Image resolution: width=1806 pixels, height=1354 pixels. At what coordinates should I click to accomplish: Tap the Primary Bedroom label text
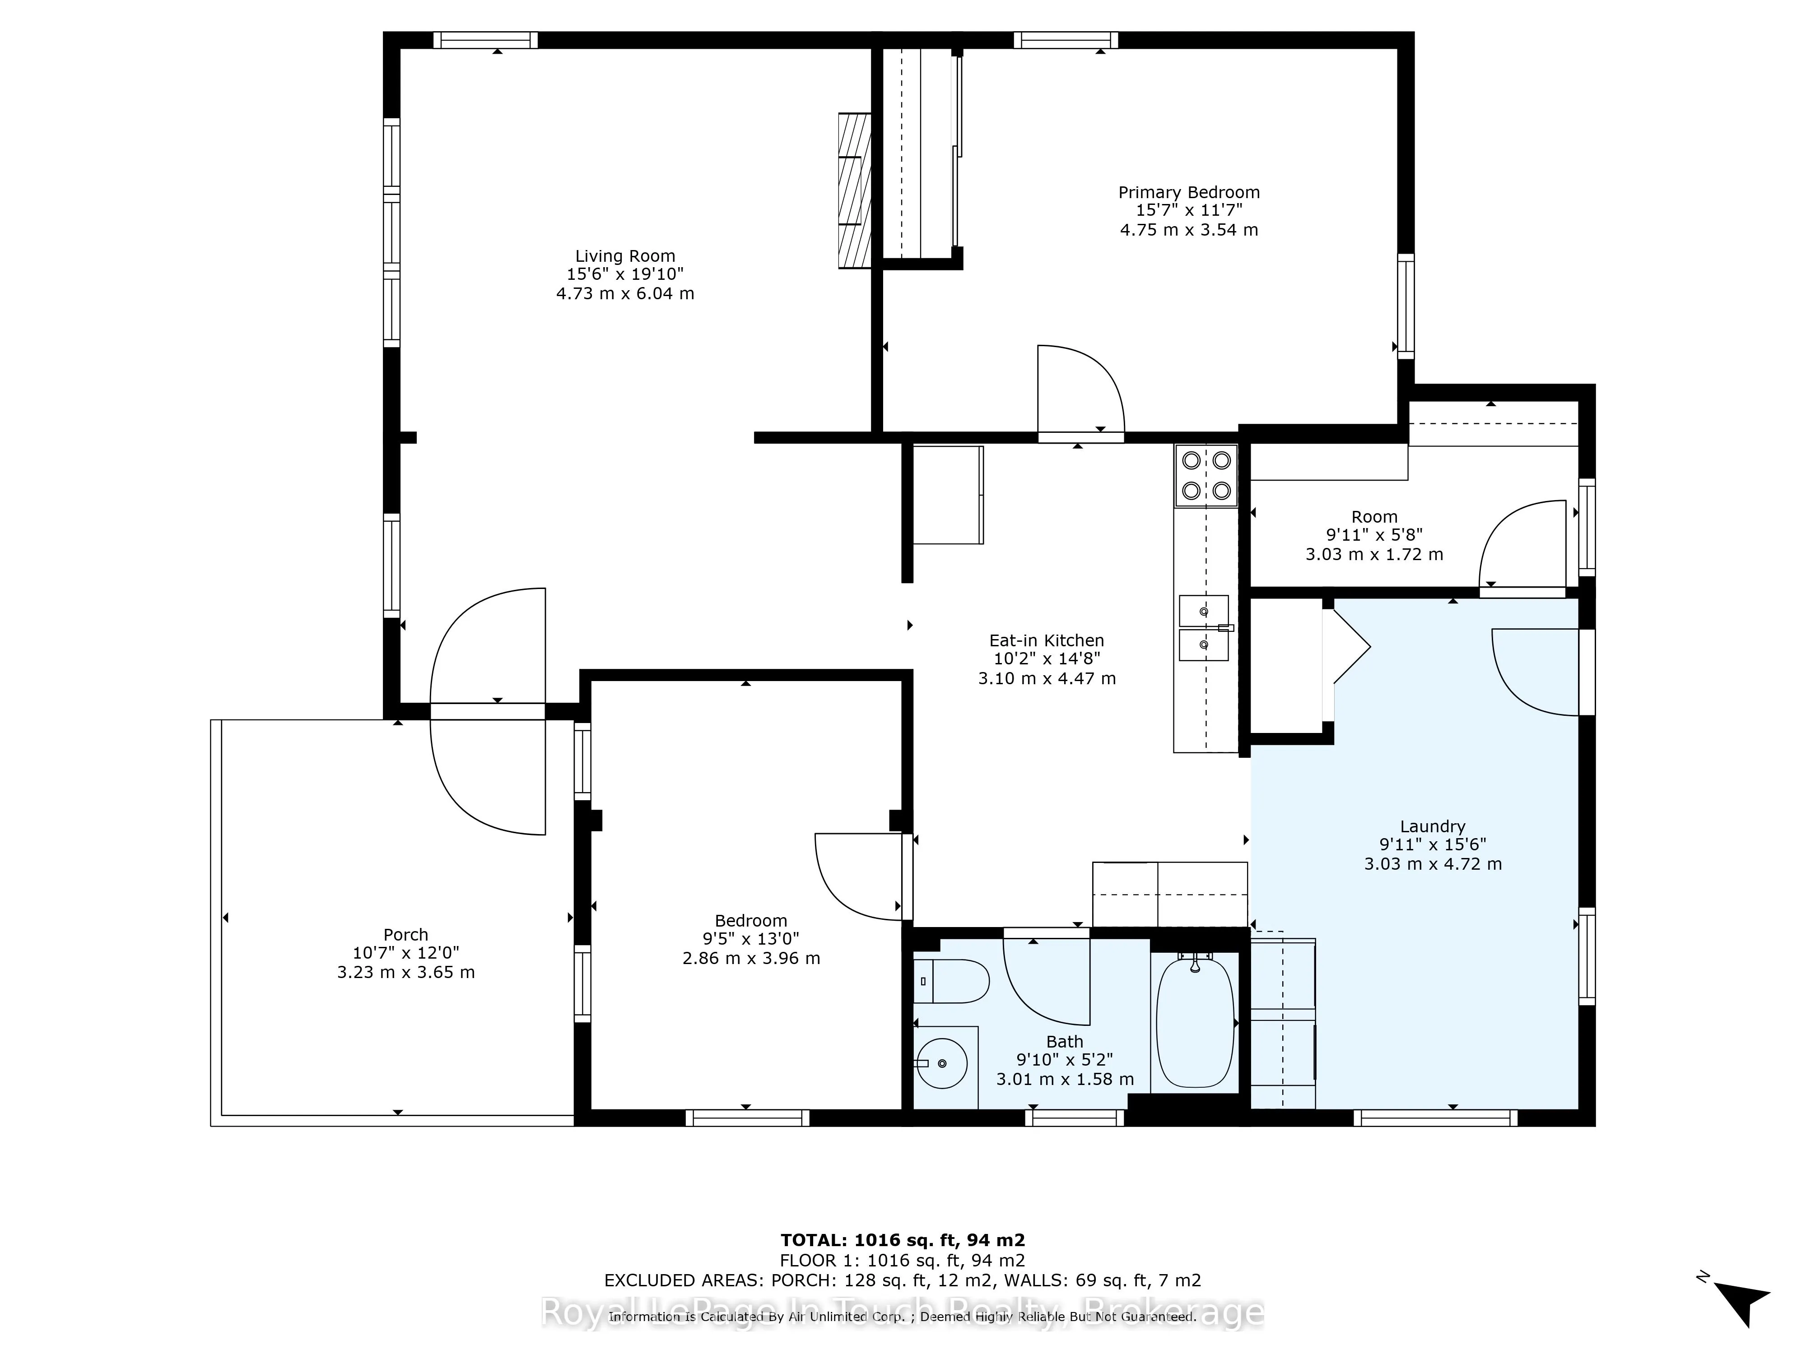[x=1189, y=193]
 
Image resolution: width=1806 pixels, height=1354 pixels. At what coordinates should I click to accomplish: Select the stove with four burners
[x=1206, y=476]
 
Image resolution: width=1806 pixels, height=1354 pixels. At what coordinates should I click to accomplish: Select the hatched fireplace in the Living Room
[x=855, y=190]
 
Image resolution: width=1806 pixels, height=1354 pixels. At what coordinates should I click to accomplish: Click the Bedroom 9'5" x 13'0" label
[x=751, y=939]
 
